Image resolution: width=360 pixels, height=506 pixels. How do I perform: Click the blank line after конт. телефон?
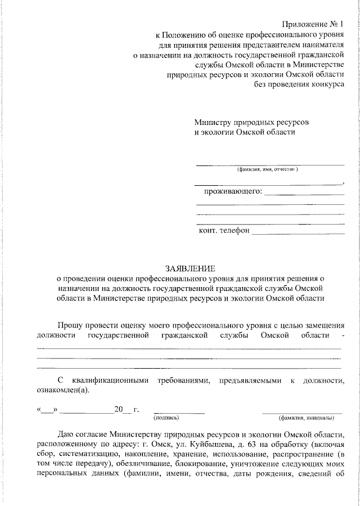(298, 232)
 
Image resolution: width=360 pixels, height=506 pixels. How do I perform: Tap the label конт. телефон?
(224, 230)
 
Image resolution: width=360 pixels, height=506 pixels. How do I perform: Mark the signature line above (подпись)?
(179, 413)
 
